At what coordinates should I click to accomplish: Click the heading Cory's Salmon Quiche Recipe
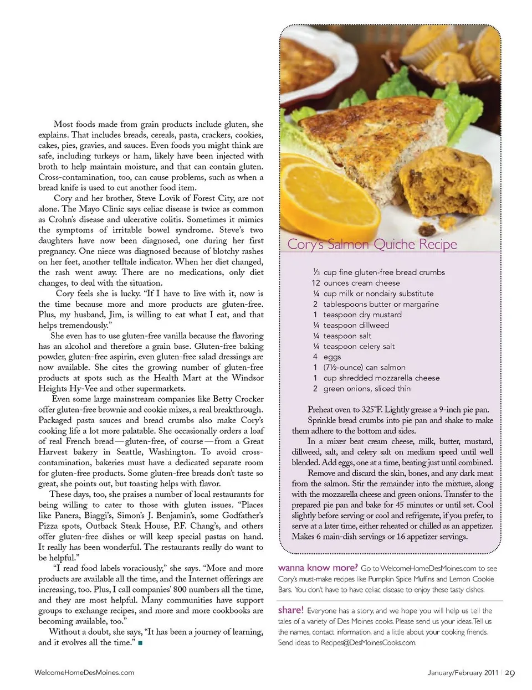(x=372, y=244)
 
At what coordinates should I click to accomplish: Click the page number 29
(x=510, y=673)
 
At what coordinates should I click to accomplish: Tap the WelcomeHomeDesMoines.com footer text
(x=84, y=672)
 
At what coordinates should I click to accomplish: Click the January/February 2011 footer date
(x=463, y=673)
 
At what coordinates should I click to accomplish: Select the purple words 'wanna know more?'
(x=318, y=568)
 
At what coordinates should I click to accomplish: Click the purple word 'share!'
(x=290, y=610)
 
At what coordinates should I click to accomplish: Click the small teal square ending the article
(x=141, y=643)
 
